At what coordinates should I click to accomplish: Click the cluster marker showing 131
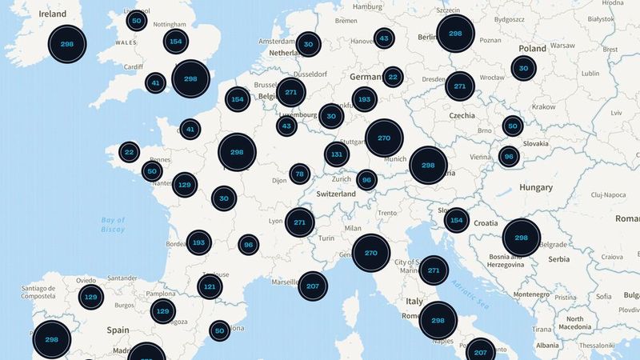[337, 154]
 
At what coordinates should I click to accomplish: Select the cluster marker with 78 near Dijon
[300, 174]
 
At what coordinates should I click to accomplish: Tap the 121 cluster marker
[210, 286]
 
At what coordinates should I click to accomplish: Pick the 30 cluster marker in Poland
[523, 69]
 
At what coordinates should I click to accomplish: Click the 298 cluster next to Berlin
[455, 34]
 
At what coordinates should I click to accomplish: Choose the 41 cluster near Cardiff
[155, 82]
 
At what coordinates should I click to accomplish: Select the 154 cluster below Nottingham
[176, 42]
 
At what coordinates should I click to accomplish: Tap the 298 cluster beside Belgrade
[521, 238]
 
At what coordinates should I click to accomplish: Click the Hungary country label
[535, 187]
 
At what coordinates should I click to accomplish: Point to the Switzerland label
[336, 194]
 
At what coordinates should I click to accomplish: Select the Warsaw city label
[563, 46]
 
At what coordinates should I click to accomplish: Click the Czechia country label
[462, 115]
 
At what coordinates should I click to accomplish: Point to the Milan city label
[352, 228]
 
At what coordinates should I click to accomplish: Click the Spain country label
[118, 329]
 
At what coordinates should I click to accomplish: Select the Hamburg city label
[367, 6]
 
